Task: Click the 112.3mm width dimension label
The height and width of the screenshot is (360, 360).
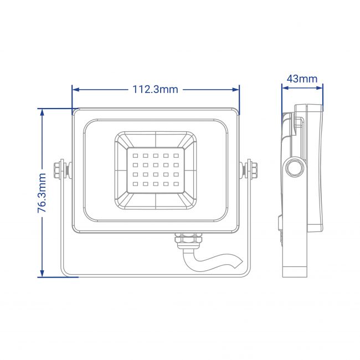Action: pos(156,89)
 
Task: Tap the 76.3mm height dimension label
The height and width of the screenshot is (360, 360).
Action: pos(42,193)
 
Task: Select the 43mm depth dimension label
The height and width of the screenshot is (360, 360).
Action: pos(302,79)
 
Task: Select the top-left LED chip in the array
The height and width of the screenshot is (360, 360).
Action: pos(135,156)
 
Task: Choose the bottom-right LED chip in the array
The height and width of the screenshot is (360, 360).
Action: pos(176,184)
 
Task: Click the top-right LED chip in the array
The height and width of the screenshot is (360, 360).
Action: pos(176,156)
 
